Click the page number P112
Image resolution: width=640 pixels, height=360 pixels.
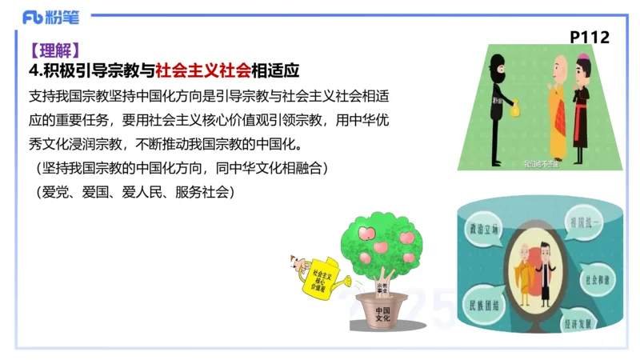pyautogui.click(x=589, y=37)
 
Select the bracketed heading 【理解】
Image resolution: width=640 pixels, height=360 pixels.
pyautogui.click(x=53, y=50)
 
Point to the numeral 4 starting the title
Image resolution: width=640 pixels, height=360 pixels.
pyautogui.click(x=33, y=70)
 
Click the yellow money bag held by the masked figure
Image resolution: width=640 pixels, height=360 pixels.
pyautogui.click(x=514, y=105)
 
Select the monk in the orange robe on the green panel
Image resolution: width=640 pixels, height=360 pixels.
pyautogui.click(x=556, y=100)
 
